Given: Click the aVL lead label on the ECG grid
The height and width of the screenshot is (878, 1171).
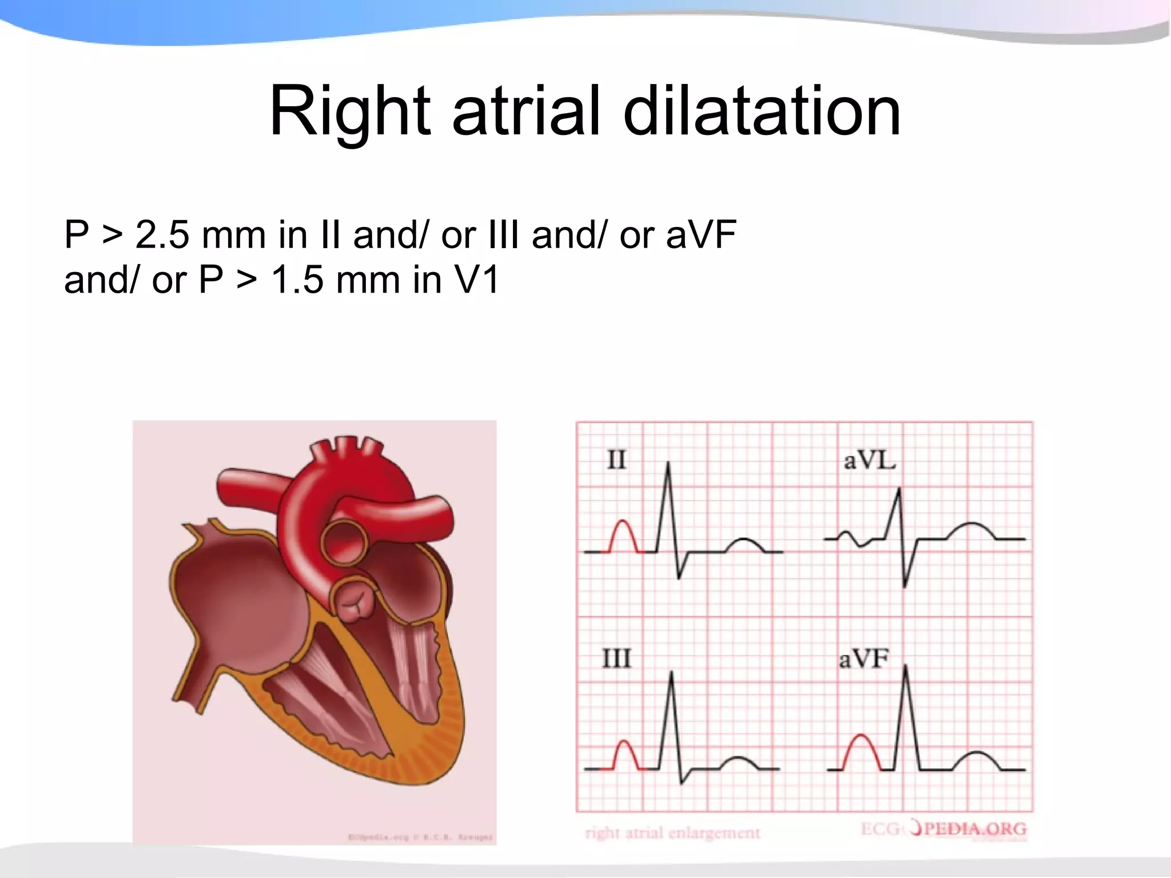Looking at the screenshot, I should [869, 460].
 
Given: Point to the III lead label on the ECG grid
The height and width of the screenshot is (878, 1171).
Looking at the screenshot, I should [616, 658].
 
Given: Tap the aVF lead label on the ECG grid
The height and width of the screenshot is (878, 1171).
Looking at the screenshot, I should [863, 659].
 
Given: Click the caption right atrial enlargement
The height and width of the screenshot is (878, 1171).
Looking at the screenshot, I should [672, 833].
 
